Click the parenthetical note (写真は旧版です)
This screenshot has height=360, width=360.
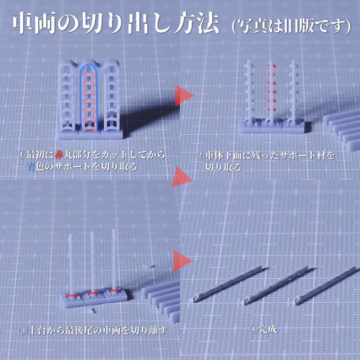pos(291,26)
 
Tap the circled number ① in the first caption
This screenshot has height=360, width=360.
pos(21,155)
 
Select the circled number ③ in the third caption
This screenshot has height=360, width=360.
pos(23,330)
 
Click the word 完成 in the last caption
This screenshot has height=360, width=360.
pos(268,329)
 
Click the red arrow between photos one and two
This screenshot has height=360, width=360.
pos(184,95)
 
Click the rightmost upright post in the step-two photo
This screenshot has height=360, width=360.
pos(293,91)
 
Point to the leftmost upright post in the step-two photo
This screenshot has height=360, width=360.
pos(249,91)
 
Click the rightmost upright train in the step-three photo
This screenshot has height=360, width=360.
pos(114,260)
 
